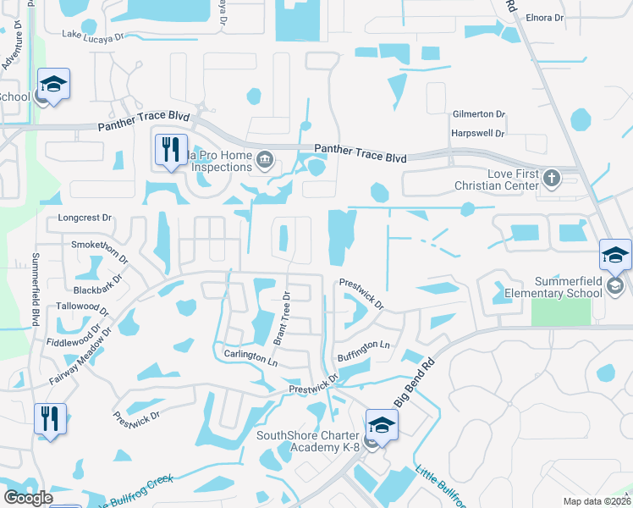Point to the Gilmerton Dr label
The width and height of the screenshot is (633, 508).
[x=478, y=113]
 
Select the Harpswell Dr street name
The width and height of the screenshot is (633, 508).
[x=478, y=134]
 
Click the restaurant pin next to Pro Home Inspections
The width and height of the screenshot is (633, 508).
[x=170, y=151]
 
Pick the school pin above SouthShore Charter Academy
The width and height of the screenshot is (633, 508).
[x=382, y=427]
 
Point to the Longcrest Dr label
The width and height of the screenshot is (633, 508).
[x=85, y=218]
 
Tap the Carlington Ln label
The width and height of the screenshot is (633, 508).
[x=250, y=356]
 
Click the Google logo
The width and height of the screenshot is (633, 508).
[x=28, y=498]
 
